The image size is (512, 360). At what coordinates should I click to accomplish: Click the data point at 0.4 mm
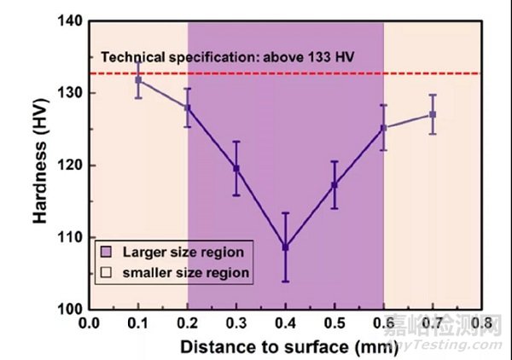point(286,247)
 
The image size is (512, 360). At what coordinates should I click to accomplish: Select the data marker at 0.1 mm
point(139,79)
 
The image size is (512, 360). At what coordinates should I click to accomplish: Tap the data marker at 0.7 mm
point(433,114)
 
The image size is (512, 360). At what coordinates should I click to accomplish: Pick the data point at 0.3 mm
point(236,168)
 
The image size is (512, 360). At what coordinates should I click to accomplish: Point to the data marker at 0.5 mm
point(335,184)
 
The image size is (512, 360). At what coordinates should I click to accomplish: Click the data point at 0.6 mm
point(384,128)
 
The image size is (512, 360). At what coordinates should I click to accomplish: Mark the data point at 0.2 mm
point(188,107)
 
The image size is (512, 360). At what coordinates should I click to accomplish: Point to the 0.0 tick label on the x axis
point(89,325)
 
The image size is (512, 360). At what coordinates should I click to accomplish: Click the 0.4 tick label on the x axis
point(286,325)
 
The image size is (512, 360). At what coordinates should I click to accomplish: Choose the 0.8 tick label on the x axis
point(482,325)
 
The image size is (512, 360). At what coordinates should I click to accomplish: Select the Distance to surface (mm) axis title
point(286,347)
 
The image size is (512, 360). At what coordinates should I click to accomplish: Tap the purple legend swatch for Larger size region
point(107,253)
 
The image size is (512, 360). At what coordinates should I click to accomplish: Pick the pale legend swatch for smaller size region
point(107,273)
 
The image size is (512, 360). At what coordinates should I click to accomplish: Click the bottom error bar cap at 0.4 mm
point(286,282)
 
